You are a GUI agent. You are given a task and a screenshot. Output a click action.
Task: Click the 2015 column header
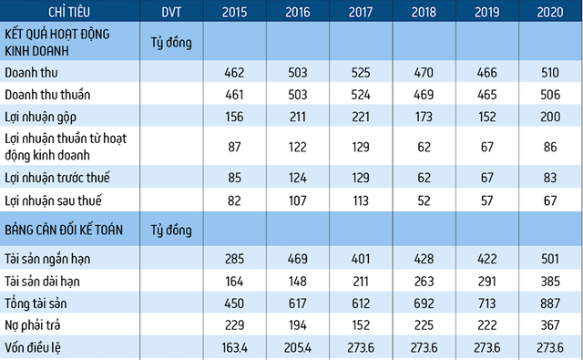tap(233, 12)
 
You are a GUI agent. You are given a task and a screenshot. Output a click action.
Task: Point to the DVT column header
tap(171, 12)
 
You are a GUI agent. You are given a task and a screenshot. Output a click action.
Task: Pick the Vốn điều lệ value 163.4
tap(233, 347)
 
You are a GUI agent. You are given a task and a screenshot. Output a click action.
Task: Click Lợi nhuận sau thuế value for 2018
tap(423, 200)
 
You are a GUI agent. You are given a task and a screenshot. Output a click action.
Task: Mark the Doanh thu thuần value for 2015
tap(233, 94)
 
